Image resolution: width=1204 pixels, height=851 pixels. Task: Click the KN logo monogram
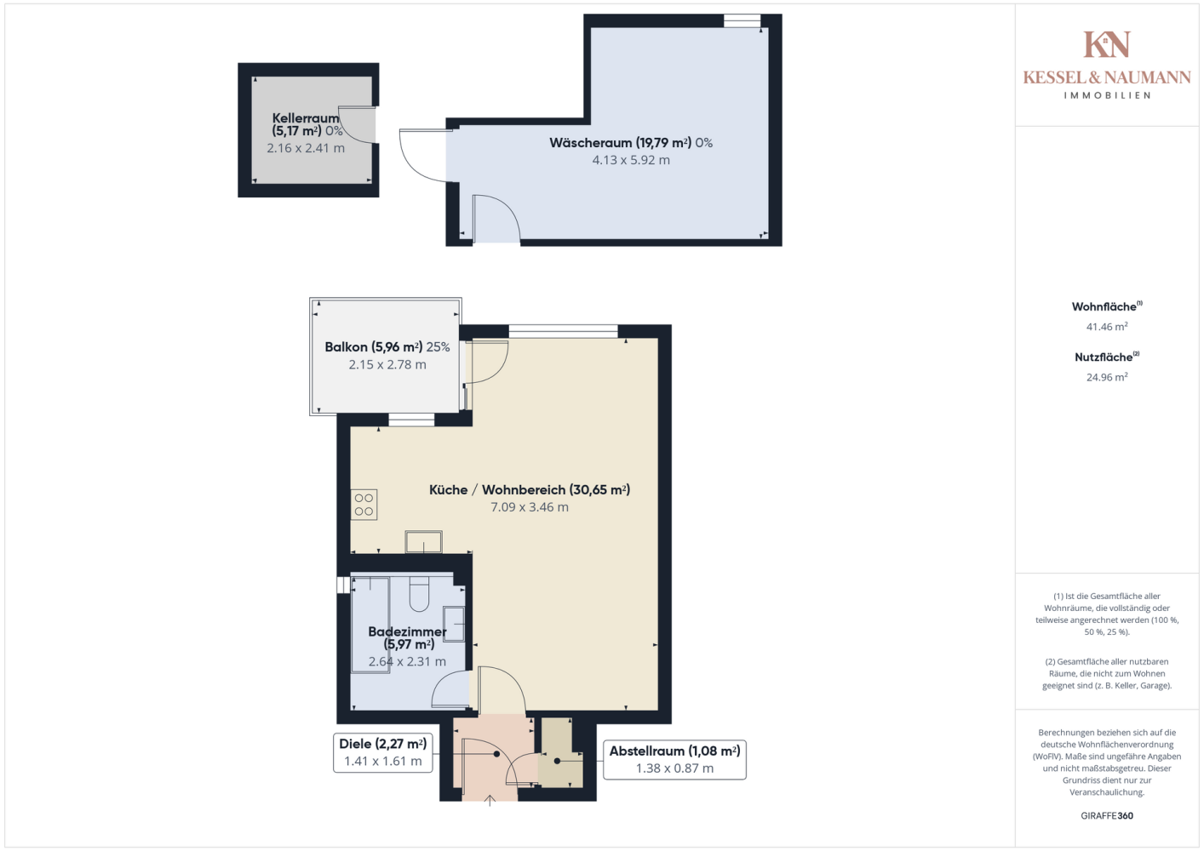pyautogui.click(x=1106, y=44)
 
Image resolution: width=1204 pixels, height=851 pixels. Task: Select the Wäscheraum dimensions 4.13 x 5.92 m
pyautogui.click(x=631, y=160)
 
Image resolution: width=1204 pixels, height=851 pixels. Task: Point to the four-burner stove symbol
pyautogui.click(x=364, y=505)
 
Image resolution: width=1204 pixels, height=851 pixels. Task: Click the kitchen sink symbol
pyautogui.click(x=423, y=541)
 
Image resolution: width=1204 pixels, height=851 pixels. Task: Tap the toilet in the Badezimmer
pyautogui.click(x=419, y=594)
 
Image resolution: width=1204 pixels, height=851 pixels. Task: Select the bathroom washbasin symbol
pyautogui.click(x=454, y=624)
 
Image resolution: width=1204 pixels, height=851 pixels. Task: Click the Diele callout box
pyautogui.click(x=382, y=752)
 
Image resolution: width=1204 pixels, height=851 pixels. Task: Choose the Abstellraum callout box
pyautogui.click(x=674, y=759)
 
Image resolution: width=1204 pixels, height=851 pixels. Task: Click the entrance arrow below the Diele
pyautogui.click(x=490, y=801)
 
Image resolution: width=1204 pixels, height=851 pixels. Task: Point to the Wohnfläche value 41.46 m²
pyautogui.click(x=1107, y=327)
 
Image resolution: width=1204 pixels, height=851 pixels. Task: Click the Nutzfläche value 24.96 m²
pyautogui.click(x=1107, y=377)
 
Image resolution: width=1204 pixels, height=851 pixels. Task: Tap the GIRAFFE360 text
pyautogui.click(x=1107, y=815)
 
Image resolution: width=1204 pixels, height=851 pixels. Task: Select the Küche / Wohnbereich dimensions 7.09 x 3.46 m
pyautogui.click(x=530, y=507)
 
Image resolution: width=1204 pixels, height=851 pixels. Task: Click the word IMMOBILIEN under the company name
pyautogui.click(x=1107, y=95)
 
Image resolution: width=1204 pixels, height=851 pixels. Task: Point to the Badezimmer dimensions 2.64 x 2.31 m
pyautogui.click(x=407, y=662)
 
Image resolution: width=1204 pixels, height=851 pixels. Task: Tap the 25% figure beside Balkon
pyautogui.click(x=438, y=347)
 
